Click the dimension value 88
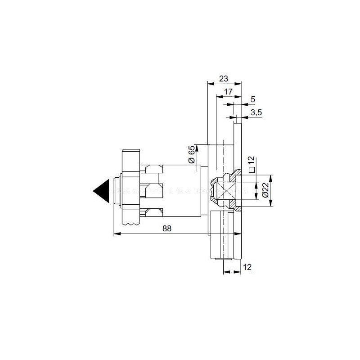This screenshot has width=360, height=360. [x=167, y=229]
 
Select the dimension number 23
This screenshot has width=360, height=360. [x=223, y=78]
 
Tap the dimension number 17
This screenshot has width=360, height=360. [x=228, y=92]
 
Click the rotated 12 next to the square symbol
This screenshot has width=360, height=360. [x=252, y=161]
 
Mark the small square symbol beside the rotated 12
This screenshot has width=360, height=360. [x=252, y=170]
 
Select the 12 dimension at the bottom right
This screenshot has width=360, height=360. [x=247, y=267]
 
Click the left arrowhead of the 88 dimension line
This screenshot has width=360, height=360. [x=117, y=234]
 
